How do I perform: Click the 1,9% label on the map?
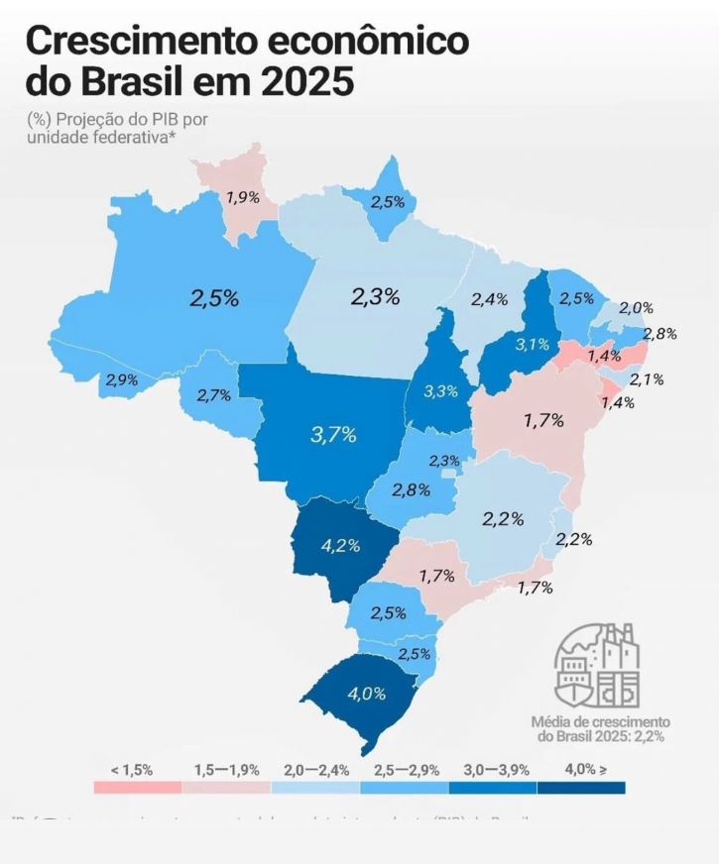click(x=243, y=197)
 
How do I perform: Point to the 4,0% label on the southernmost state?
click(x=366, y=694)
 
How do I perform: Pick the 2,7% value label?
click(x=213, y=395)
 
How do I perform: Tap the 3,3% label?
click(x=440, y=391)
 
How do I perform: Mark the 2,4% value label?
click(x=489, y=298)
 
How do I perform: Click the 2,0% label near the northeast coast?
click(x=637, y=309)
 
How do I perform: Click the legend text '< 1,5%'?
click(x=132, y=770)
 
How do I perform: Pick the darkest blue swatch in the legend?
click(x=581, y=788)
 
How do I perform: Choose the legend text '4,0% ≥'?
click(x=584, y=770)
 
